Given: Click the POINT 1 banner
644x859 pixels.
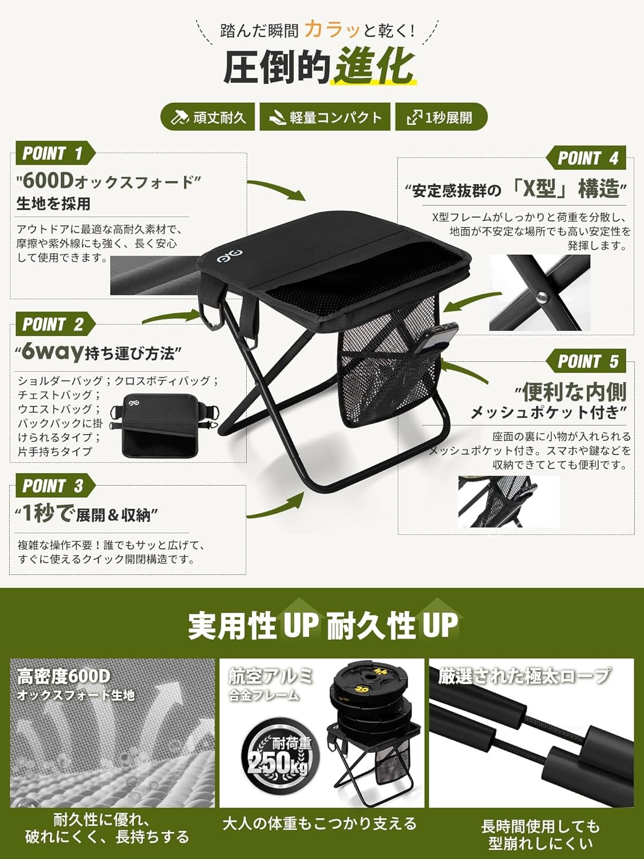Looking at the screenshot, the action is coord(55,153).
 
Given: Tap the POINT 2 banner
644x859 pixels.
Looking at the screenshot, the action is coord(55,324).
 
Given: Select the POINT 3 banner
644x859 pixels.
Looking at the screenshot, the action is coord(55,486).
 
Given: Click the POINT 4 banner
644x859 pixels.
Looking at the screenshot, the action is coord(586,157).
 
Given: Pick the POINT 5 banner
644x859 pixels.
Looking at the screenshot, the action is coord(586,361).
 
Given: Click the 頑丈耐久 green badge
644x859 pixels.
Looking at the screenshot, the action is coord(208,117).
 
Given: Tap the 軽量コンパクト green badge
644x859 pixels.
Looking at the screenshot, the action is coord(325,117).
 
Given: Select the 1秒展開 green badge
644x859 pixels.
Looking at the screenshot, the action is coord(441,117).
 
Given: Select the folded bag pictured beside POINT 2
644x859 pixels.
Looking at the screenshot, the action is coord(164,425).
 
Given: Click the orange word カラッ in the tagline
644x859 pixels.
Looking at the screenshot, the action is coord(333,30).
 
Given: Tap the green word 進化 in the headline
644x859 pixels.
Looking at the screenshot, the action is coord(374,66).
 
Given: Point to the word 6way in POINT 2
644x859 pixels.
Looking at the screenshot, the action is coord(53,352).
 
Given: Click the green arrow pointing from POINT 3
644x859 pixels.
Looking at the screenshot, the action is coord(276,505).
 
